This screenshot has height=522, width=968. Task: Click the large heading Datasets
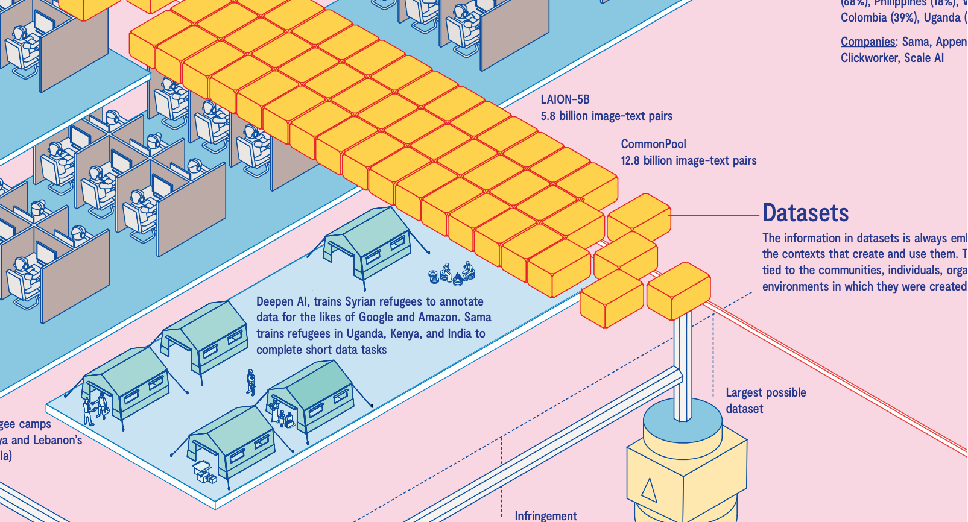(x=805, y=213)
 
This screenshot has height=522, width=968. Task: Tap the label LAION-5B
(x=565, y=99)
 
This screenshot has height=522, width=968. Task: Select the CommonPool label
(x=653, y=144)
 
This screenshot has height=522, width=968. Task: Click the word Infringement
(x=545, y=515)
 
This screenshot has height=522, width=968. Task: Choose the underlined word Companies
(x=868, y=42)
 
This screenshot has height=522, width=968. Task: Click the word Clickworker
(x=870, y=58)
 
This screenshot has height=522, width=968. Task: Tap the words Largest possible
(x=765, y=392)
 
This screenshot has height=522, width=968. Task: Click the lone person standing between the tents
(x=250, y=382)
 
